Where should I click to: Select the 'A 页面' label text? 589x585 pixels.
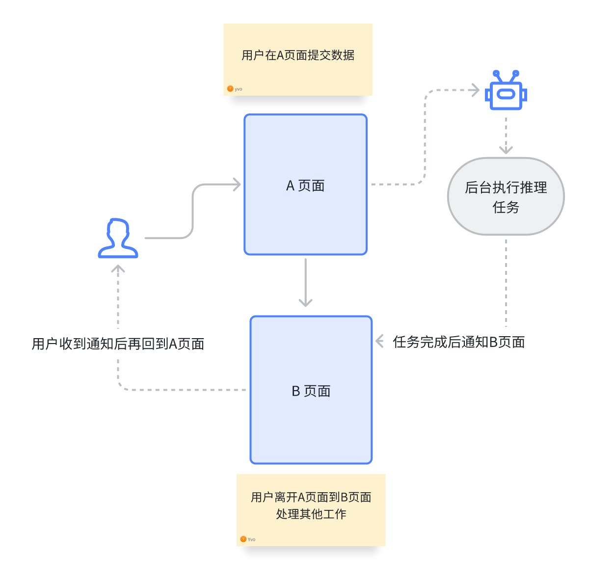pos(305,186)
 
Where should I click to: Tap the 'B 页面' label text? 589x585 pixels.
pos(311,391)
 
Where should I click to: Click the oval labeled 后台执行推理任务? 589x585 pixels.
pos(506,196)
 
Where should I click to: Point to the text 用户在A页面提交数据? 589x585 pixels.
pos(298,55)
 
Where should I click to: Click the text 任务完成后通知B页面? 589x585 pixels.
pos(459,342)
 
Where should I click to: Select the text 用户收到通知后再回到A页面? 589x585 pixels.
pos(118,344)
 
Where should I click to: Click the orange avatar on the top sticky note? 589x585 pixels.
pos(230,89)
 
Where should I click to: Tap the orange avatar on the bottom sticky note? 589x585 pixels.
pos(243,539)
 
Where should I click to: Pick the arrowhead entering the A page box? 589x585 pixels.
pos(237,185)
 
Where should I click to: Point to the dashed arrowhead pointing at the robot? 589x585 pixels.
pos(475,90)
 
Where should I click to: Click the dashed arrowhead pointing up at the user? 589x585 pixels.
pos(118,269)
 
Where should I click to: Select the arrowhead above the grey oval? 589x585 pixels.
pos(506,149)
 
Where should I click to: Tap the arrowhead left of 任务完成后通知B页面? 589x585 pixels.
pos(379,341)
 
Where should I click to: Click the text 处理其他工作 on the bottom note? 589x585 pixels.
pos(311,514)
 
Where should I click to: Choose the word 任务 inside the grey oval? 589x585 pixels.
pos(506,207)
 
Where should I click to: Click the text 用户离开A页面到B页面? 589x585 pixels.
pos(311,497)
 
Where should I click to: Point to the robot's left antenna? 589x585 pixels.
pos(497,76)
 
